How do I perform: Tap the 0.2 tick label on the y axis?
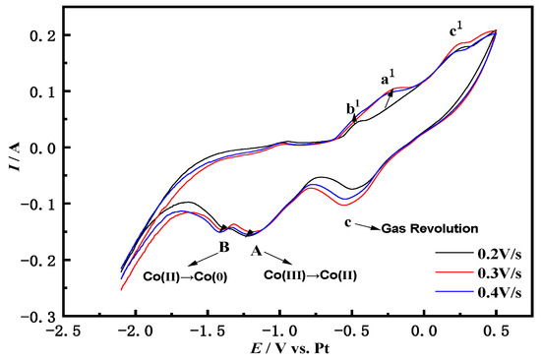coord(39,35)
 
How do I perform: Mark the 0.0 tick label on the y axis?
coord(39,148)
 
